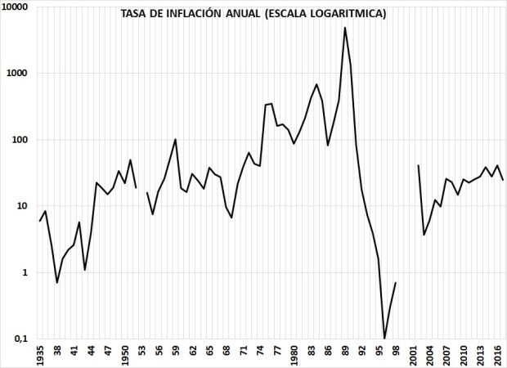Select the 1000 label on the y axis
pyautogui.click(x=20, y=73)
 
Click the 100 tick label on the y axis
pyautogui.click(x=23, y=140)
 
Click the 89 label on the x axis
pyautogui.click(x=345, y=352)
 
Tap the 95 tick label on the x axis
pyautogui.click(x=379, y=352)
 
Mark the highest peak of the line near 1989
pyautogui.click(x=345, y=28)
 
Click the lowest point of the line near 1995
pyautogui.click(x=384, y=338)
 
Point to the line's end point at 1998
pyautogui.click(x=396, y=283)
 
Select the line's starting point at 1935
pyautogui.click(x=40, y=221)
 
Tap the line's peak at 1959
pyautogui.click(x=176, y=139)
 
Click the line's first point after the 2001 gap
pyautogui.click(x=419, y=165)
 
